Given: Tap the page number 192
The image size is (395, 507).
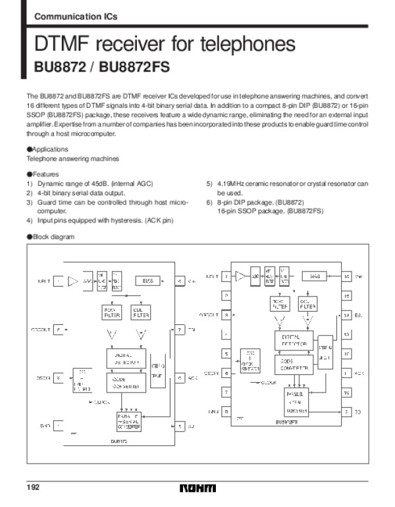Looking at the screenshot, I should (33, 488).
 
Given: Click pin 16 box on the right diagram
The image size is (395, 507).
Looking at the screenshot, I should (347, 277).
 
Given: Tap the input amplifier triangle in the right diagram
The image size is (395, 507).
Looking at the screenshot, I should (242, 276).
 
